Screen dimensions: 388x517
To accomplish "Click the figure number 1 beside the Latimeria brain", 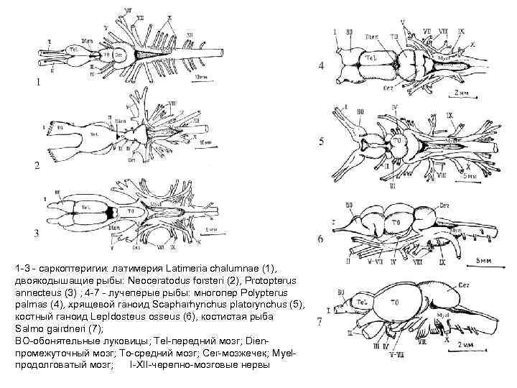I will (38, 82).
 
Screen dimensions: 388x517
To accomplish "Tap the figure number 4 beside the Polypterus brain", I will (321, 67).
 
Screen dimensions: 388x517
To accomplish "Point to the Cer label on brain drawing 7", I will (465, 272).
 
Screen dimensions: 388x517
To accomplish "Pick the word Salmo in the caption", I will (29, 328).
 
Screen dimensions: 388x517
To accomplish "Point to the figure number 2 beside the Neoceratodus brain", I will (37, 165).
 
